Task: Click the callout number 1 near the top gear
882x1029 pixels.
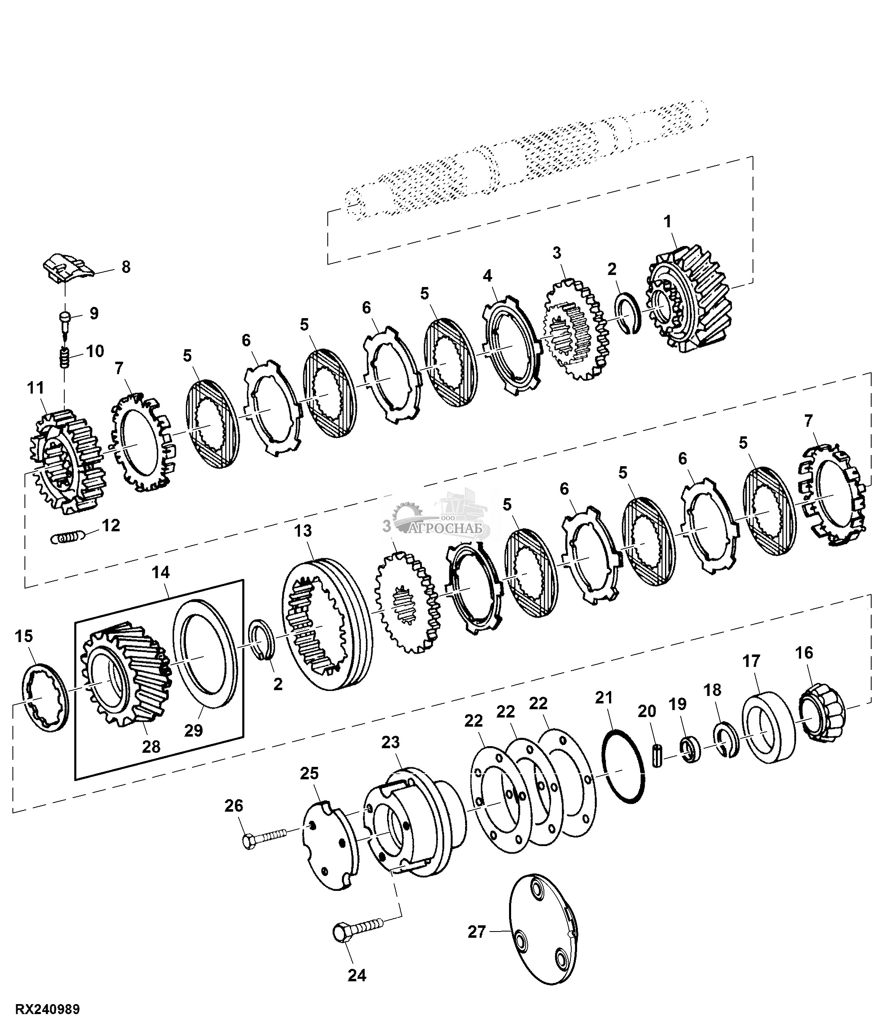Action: click(668, 222)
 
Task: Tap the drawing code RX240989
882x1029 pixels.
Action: click(48, 1010)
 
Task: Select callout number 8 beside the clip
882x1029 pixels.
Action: click(126, 267)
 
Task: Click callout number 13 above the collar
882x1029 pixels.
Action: click(303, 530)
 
